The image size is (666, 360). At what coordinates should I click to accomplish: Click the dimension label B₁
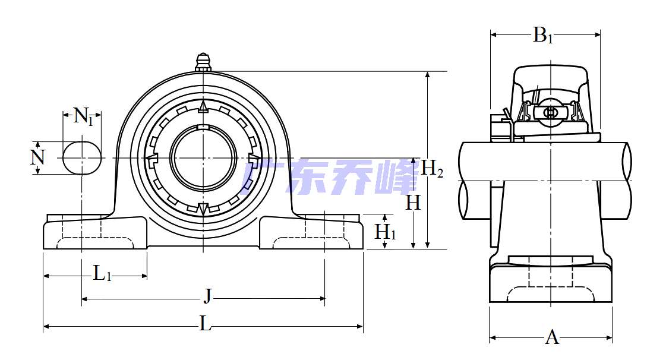coord(543,36)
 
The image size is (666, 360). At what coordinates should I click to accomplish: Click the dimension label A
coord(552,337)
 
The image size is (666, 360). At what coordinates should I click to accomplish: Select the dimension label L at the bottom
coord(205,324)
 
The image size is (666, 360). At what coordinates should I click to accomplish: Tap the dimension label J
coord(207,296)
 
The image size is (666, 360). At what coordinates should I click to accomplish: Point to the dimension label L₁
coord(102,274)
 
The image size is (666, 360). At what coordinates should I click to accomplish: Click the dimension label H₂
coord(433,169)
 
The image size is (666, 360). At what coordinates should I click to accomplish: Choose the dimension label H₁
coord(385,232)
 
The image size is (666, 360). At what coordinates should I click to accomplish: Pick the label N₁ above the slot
coord(83,116)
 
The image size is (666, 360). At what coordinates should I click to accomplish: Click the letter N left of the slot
coord(37,157)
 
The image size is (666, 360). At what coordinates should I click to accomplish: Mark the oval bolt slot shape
coord(82,157)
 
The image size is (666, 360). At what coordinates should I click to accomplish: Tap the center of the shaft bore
coord(203,157)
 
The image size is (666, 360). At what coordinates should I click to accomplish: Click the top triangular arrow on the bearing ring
coord(203,107)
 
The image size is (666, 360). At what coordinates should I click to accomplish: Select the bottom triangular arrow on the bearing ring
coord(203,209)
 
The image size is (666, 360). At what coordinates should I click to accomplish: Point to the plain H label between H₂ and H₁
coord(413,203)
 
